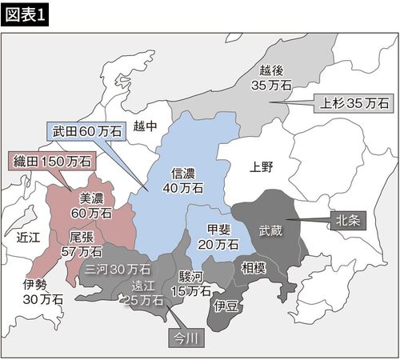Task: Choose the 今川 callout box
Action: coord(189,338)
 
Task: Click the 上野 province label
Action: coord(261,167)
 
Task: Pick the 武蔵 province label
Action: coord(270,230)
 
